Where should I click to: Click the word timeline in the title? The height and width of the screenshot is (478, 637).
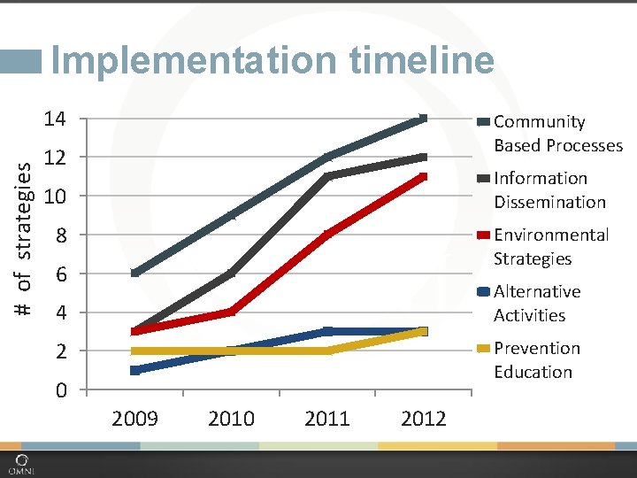(x=422, y=60)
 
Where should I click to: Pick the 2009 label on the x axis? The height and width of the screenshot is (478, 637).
(x=135, y=418)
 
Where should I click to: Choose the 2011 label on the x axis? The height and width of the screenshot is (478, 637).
(x=327, y=418)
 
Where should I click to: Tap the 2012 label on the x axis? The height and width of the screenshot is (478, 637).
(x=423, y=418)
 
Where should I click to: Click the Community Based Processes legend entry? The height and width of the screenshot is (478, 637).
(x=557, y=133)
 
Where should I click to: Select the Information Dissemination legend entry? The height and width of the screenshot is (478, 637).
(x=549, y=189)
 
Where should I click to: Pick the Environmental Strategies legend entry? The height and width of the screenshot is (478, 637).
(x=550, y=246)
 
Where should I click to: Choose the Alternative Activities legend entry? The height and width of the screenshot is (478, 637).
(x=537, y=303)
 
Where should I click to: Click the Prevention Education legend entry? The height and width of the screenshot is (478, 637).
(x=536, y=359)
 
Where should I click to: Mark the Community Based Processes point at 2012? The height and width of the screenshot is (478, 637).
(x=423, y=119)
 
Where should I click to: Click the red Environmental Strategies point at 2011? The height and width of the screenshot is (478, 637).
(x=327, y=235)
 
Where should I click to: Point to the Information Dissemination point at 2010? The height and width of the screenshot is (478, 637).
(x=231, y=274)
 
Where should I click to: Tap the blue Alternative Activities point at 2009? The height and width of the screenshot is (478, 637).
(x=135, y=370)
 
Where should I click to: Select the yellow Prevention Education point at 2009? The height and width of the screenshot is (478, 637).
(x=135, y=351)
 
